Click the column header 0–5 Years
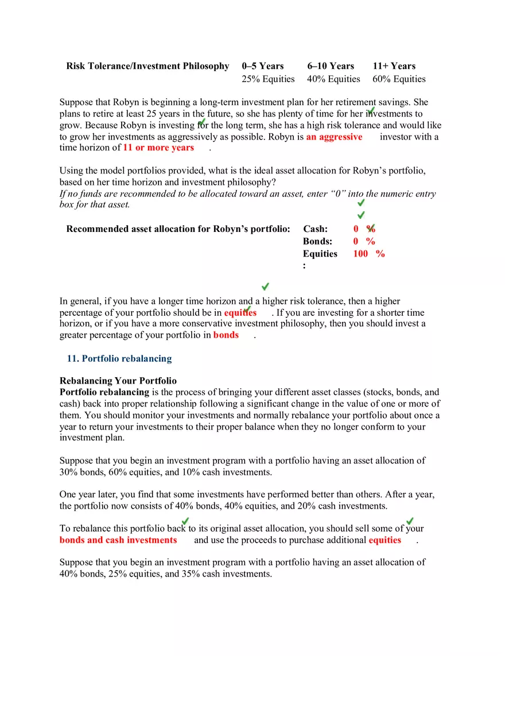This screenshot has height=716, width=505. (x=263, y=66)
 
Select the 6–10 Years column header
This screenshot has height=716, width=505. (x=331, y=66)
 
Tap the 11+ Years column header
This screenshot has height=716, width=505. (x=394, y=66)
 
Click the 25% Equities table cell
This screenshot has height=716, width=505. (x=268, y=79)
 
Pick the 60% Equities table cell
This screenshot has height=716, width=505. (x=399, y=79)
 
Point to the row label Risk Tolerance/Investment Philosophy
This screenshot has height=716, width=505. (x=147, y=66)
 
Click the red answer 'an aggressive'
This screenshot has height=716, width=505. (x=334, y=137)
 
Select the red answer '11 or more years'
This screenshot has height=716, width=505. (x=158, y=148)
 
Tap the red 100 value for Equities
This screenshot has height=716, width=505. (x=361, y=254)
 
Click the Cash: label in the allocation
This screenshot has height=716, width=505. (x=315, y=229)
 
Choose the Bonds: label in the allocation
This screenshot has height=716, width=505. (x=317, y=242)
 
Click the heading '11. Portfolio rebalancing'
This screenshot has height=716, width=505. (x=119, y=359)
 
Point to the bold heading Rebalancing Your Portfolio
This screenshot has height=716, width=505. (x=118, y=381)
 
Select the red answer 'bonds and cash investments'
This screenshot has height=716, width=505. (x=118, y=540)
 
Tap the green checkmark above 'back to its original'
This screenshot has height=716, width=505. (x=185, y=521)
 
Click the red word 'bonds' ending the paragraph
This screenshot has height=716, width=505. (x=226, y=335)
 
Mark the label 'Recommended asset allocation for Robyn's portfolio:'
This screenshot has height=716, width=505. (x=178, y=229)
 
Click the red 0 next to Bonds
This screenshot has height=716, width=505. (x=356, y=242)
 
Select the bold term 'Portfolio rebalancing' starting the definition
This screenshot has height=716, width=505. (x=104, y=392)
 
